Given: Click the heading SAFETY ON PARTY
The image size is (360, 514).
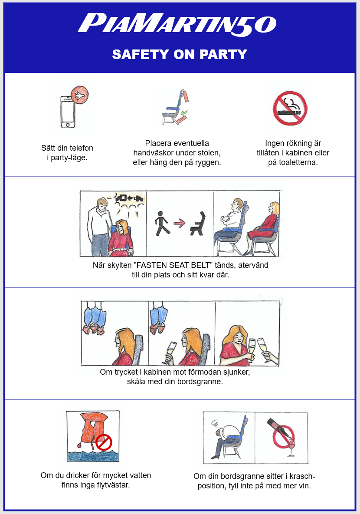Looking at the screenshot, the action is (180, 54).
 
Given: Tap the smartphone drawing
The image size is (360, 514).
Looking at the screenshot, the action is (68, 112).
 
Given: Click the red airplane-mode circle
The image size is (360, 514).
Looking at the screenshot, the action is (80, 96).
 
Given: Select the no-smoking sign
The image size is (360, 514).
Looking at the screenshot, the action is (290, 108).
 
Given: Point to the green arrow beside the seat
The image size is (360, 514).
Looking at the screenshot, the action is (183, 113).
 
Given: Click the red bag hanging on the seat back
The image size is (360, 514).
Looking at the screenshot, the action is (186, 96).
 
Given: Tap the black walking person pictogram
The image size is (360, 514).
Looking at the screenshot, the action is (162, 224).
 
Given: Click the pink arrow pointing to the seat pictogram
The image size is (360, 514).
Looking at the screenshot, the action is (179, 224).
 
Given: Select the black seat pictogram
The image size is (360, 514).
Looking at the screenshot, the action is (198, 224).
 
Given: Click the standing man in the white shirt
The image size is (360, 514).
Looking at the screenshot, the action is (100, 226).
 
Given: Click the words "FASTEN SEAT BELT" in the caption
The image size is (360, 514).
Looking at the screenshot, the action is (173, 265).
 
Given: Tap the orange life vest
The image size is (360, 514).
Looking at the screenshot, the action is (94, 430).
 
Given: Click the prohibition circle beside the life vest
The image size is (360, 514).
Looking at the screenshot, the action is (104, 442).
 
